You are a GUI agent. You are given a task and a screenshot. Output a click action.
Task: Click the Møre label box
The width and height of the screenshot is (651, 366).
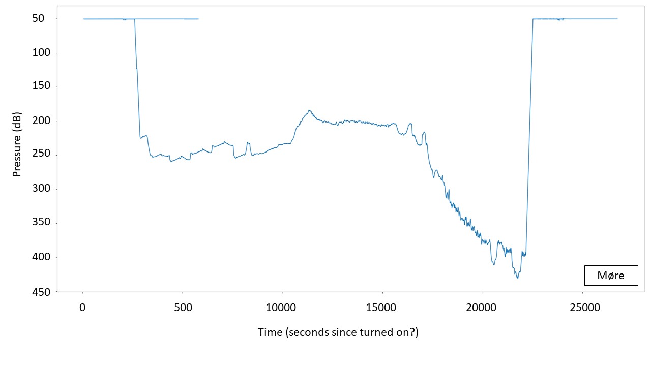[610, 276]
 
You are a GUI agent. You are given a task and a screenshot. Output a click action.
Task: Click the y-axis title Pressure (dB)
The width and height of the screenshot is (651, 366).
[17, 144]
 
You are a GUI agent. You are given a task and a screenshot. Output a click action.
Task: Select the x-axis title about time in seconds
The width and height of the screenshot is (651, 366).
[338, 332]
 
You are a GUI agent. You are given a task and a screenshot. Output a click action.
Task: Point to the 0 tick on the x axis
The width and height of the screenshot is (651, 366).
[83, 307]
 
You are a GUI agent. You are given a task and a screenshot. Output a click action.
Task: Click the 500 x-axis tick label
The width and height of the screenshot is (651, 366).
[183, 307]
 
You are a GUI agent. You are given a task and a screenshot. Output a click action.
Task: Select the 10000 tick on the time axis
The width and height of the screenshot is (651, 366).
[282, 307]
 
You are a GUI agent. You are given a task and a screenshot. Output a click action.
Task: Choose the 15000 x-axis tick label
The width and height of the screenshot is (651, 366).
[382, 307]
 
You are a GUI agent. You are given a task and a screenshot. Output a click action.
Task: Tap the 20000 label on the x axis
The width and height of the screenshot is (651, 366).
[482, 307]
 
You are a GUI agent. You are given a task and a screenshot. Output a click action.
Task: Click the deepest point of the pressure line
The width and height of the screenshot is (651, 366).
[518, 278]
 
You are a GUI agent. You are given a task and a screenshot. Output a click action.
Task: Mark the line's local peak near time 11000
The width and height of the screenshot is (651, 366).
[309, 110]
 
